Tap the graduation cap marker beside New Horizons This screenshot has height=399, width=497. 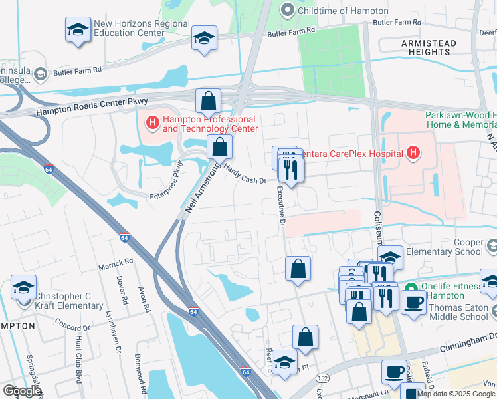[78, 30]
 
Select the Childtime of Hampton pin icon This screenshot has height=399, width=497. [287, 10]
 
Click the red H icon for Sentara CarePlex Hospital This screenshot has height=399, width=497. [413, 154]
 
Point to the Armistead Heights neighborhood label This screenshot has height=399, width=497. [429, 47]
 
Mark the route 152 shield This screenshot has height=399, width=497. [324, 378]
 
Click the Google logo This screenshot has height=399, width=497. [21, 391]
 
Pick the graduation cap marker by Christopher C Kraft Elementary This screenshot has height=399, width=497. [23, 289]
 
